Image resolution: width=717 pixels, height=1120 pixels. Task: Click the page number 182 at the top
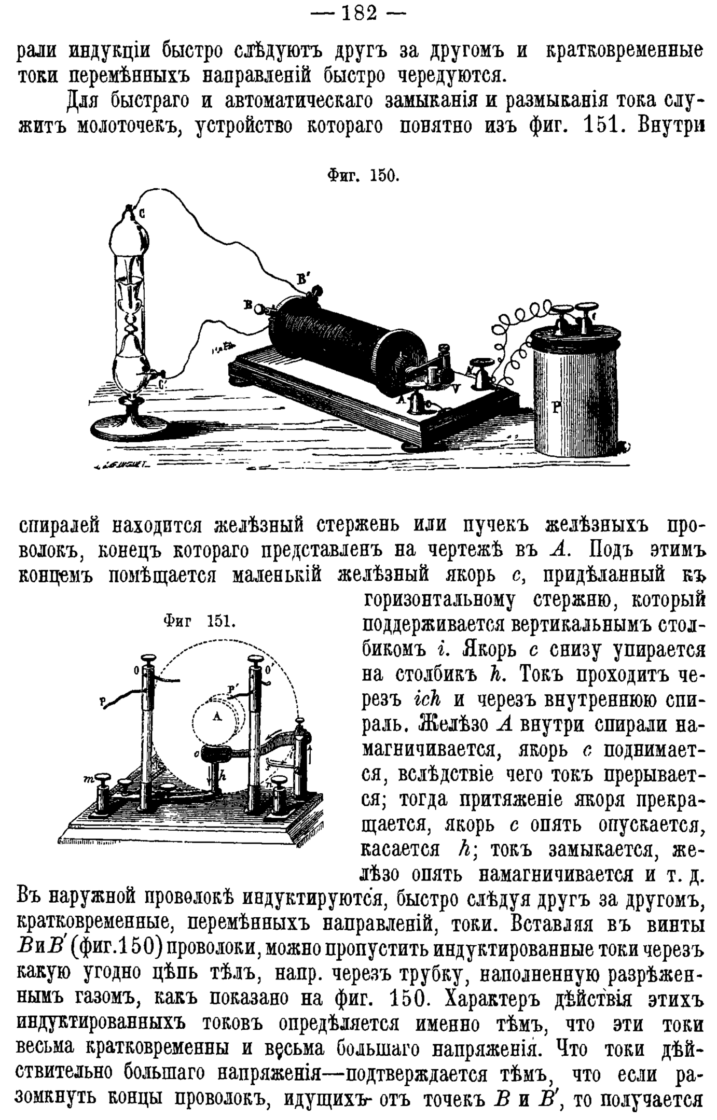(x=358, y=12)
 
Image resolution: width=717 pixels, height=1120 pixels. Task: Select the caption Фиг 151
(x=199, y=622)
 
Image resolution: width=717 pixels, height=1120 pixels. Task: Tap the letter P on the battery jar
(x=557, y=408)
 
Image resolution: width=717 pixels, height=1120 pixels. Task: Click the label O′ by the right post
(x=269, y=669)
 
